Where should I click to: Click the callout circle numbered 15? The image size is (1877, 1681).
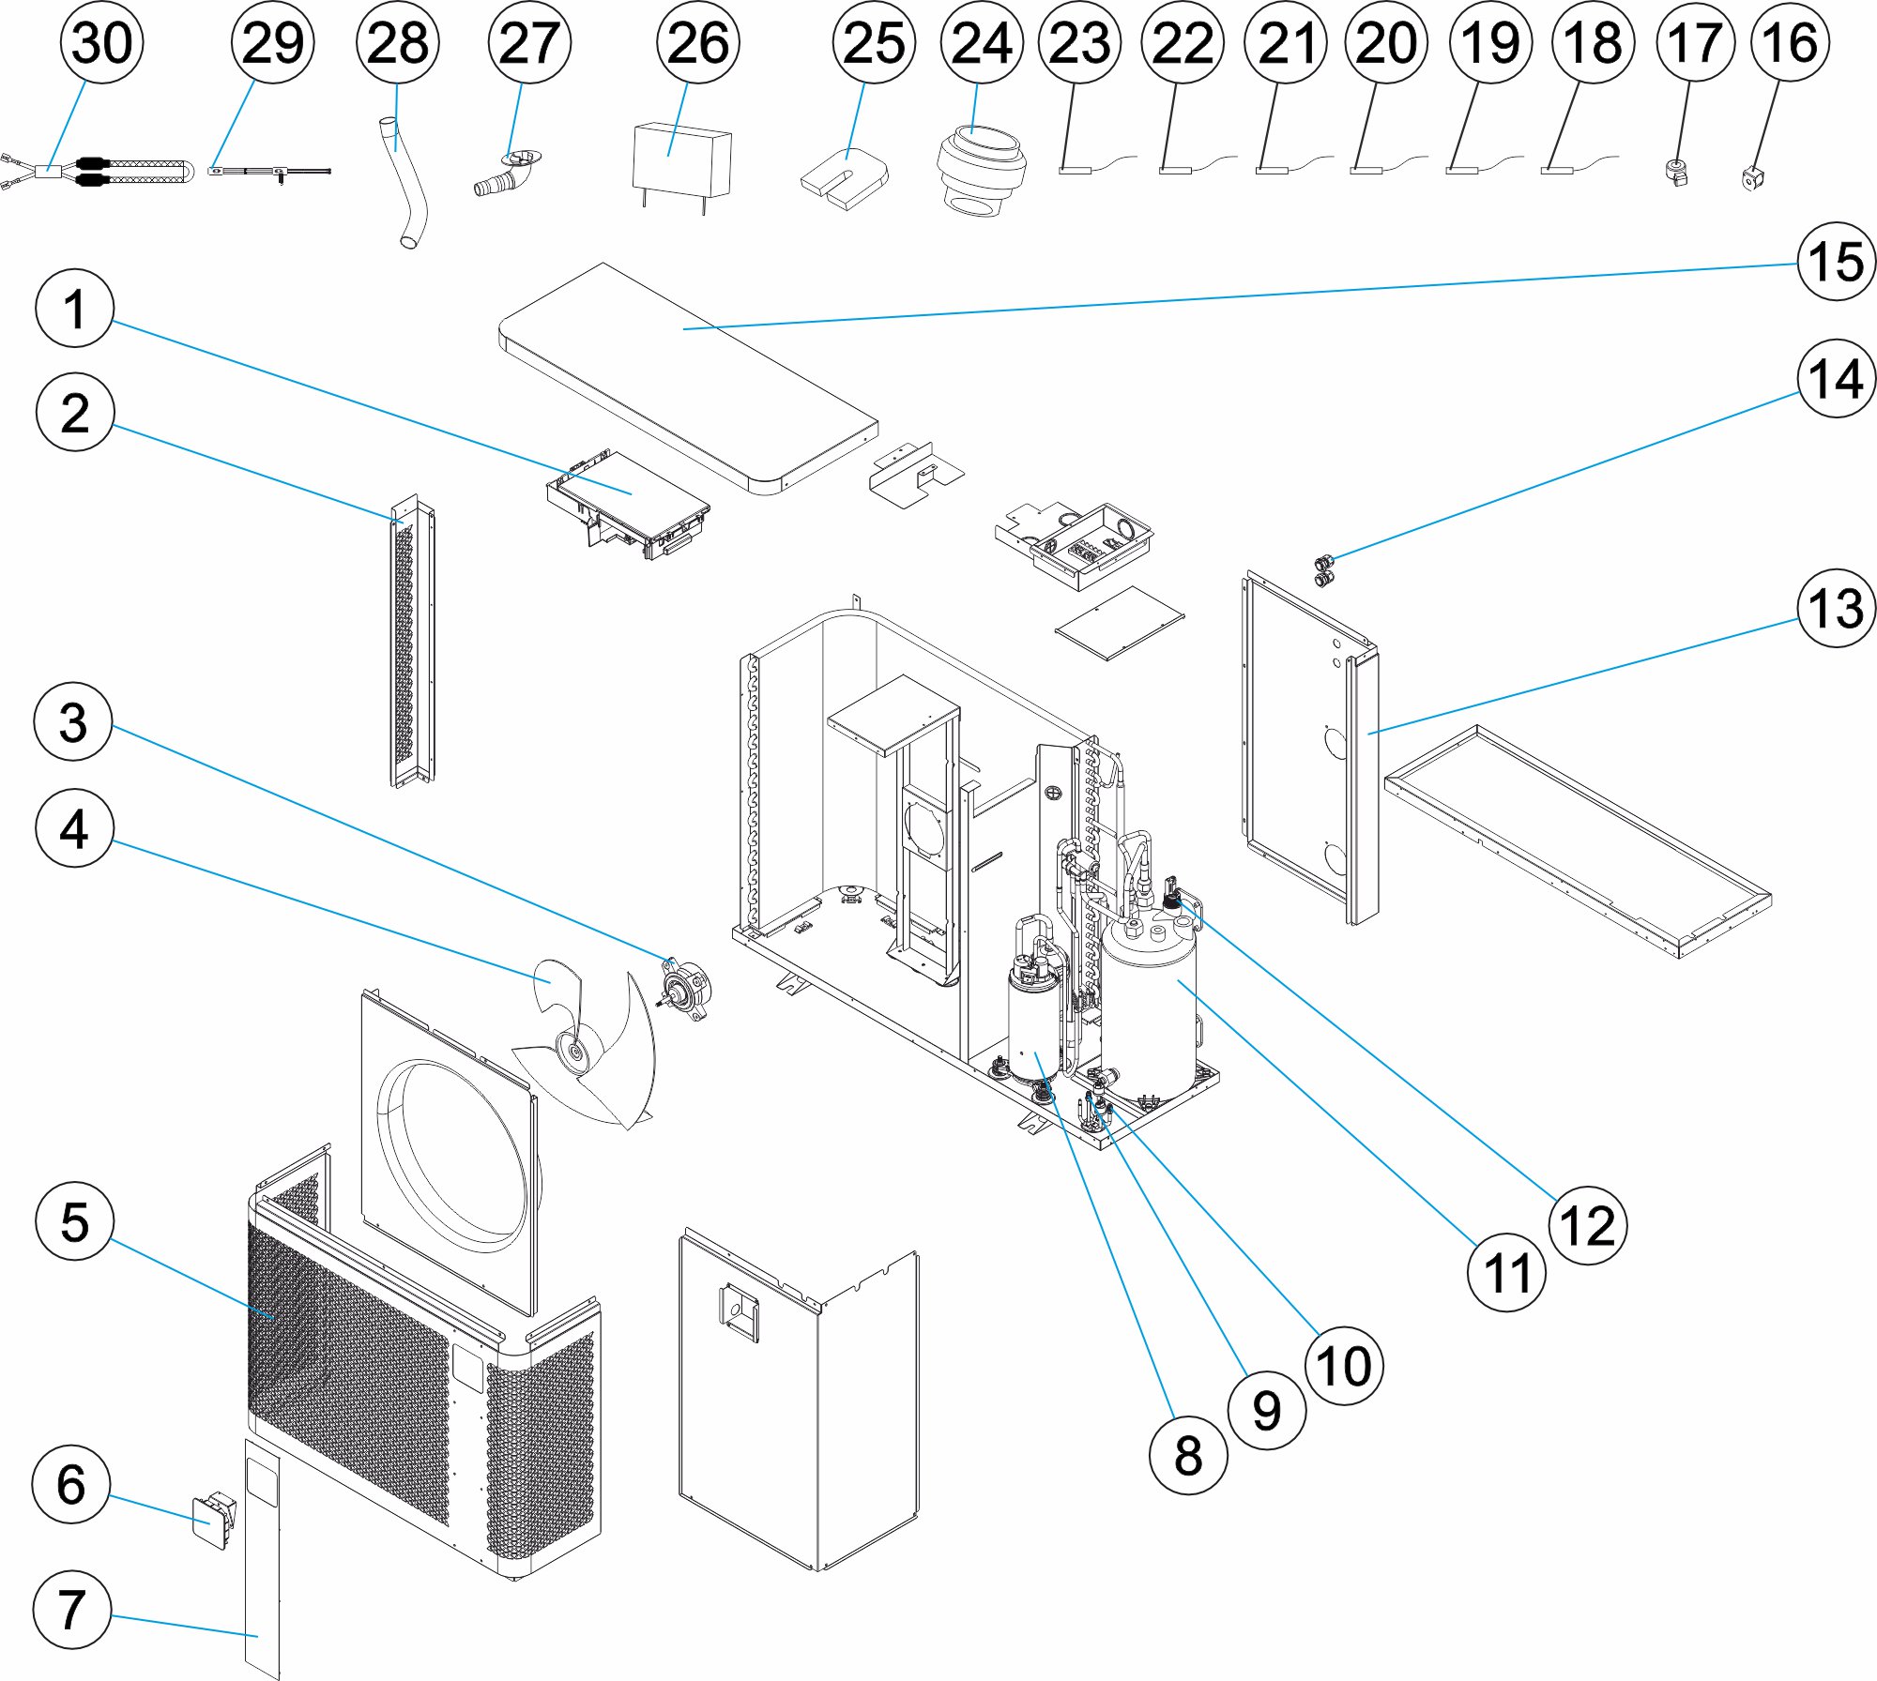pyautogui.click(x=1836, y=262)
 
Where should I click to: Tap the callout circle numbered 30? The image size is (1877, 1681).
pyautogui.click(x=101, y=43)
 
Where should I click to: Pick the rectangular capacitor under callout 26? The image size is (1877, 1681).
pyautogui.click(x=681, y=161)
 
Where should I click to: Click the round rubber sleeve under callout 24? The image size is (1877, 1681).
pyautogui.click(x=981, y=169)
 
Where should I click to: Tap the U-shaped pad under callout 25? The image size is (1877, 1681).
pyautogui.click(x=845, y=178)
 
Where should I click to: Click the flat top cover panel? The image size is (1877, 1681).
pyautogui.click(x=690, y=375)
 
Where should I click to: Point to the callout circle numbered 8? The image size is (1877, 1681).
pyautogui.click(x=1188, y=1455)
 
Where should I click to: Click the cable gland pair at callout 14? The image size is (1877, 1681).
pyautogui.click(x=1324, y=570)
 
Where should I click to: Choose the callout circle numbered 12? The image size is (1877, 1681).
pyautogui.click(x=1587, y=1225)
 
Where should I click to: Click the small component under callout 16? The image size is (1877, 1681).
pyautogui.click(x=1749, y=176)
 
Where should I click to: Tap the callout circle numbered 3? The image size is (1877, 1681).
pyautogui.click(x=73, y=722)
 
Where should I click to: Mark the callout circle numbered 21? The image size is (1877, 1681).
pyautogui.click(x=1285, y=43)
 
